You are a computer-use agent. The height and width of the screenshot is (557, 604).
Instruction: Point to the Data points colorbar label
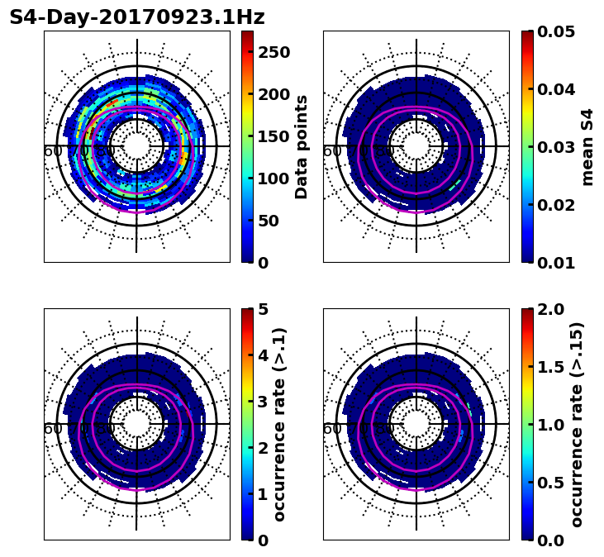[302, 146]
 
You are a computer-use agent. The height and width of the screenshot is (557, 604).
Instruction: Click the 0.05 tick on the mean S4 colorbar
[555, 31]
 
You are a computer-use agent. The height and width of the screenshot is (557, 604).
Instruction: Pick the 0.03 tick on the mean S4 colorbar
[555, 147]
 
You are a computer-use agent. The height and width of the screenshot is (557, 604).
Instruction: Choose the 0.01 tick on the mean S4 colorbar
[555, 262]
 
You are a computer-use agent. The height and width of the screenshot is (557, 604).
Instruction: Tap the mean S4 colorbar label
[587, 146]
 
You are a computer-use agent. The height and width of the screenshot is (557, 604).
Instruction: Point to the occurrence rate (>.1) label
[279, 424]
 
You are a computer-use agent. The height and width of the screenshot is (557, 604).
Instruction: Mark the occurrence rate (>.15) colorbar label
[577, 424]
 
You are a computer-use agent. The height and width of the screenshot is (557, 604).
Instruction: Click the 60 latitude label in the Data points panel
[53, 151]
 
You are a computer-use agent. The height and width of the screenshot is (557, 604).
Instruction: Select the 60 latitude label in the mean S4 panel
[332, 151]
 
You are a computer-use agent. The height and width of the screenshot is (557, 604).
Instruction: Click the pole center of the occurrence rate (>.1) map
[137, 424]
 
